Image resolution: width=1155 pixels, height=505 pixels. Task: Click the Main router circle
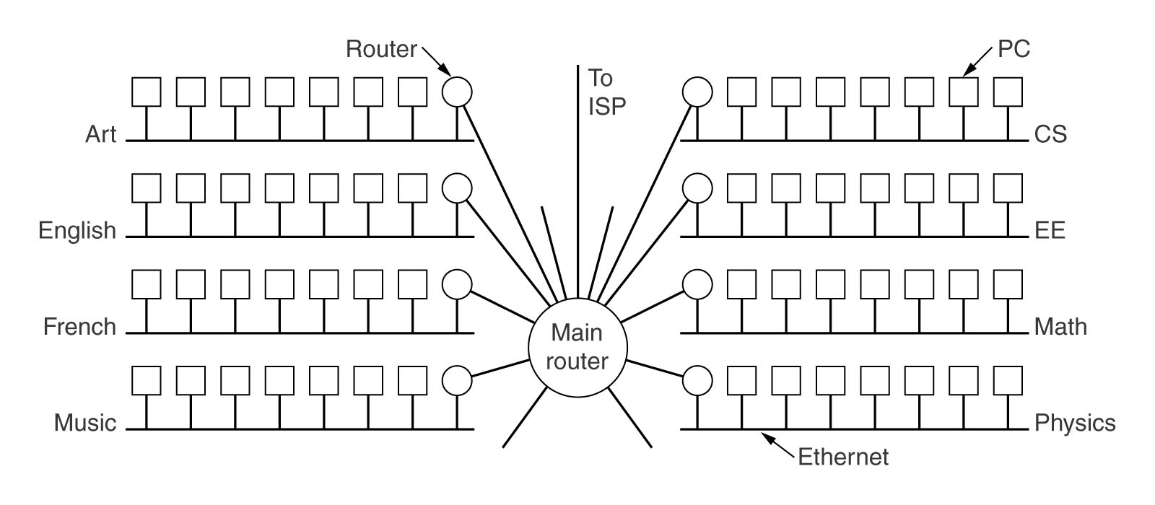coord(577,346)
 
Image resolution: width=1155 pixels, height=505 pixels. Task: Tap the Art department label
coord(100,134)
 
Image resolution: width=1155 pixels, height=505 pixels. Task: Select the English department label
coord(77,231)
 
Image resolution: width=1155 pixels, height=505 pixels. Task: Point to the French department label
coord(79,327)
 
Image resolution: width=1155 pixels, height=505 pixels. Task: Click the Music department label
coord(85,423)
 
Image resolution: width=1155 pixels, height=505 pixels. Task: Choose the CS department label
coord(1050,134)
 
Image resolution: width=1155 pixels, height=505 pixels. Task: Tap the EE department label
coord(1050,231)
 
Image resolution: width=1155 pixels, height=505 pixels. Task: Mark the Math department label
coord(1060,327)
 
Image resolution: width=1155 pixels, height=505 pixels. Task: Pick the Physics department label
coord(1075,423)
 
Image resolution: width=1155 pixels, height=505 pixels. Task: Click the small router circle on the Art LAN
coord(457,92)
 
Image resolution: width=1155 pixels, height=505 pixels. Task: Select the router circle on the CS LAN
coord(697,92)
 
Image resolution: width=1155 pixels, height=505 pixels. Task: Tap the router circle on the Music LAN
coord(457,379)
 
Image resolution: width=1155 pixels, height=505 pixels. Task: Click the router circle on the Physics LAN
coord(697,379)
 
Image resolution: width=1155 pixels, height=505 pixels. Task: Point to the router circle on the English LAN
coord(457,188)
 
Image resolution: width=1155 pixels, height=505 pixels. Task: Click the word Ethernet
coord(843,457)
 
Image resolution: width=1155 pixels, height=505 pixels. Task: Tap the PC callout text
coord(1014,49)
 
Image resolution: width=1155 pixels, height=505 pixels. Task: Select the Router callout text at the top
coord(381,49)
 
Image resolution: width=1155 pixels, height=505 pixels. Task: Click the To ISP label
coord(606,91)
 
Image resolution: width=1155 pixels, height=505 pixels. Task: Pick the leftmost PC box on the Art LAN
coord(147,92)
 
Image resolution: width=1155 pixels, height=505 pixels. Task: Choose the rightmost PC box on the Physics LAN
coord(1008,379)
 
